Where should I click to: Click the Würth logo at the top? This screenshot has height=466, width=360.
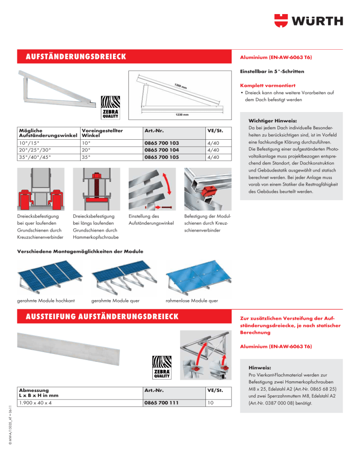pyautogui.click(x=308, y=21)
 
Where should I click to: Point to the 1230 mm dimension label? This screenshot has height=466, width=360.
pyautogui.click(x=182, y=114)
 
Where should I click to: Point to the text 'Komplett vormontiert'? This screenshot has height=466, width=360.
pyautogui.click(x=264, y=86)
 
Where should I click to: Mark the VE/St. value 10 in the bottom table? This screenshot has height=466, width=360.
pyautogui.click(x=210, y=402)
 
